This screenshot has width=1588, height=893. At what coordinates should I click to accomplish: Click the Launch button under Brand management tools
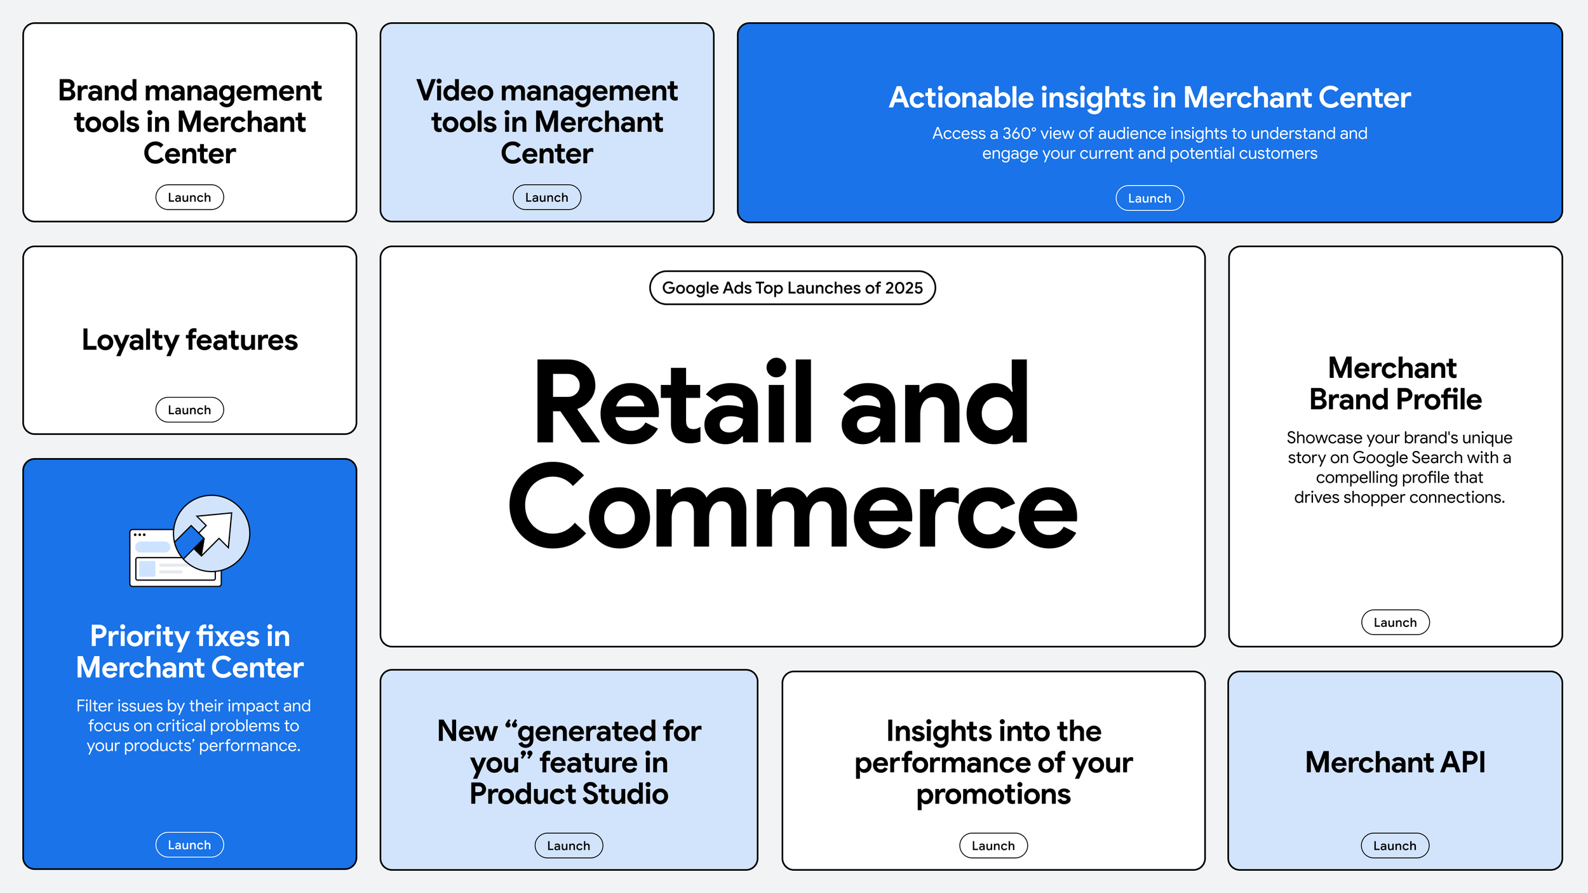[189, 198]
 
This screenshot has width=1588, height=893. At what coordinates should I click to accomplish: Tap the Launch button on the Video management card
[546, 198]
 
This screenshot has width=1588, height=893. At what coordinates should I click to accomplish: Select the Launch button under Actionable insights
[1149, 198]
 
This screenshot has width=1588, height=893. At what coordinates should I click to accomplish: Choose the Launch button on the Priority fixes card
[189, 845]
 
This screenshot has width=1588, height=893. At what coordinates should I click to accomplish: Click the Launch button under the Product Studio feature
[569, 845]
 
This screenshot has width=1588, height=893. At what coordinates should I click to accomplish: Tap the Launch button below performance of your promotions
[993, 845]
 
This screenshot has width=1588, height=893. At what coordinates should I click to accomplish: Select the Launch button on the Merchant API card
[1394, 845]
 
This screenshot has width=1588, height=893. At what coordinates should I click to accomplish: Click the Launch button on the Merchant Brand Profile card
[1395, 622]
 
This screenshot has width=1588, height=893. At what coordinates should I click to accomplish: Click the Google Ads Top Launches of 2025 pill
[792, 288]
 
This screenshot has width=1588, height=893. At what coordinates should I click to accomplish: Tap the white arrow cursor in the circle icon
[216, 530]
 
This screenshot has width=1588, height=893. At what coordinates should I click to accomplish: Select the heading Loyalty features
[189, 340]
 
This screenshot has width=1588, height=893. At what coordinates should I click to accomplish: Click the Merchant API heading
[1395, 762]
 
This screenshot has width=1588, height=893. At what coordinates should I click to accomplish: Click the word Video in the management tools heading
[454, 91]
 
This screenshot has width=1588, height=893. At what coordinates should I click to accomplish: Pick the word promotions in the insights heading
[993, 794]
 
